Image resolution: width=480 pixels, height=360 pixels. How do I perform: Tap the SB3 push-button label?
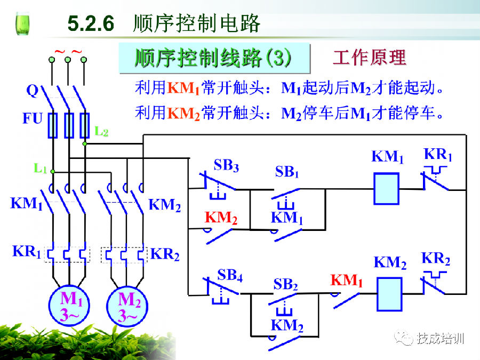(x=226, y=165)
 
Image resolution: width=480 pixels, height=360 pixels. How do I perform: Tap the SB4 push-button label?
(x=230, y=275)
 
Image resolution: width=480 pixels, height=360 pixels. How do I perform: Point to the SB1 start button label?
(x=286, y=172)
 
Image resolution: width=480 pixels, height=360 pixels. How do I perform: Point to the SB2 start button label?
(x=285, y=284)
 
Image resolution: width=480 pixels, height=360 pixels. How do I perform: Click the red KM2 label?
(x=221, y=218)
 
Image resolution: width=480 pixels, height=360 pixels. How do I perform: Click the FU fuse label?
(x=32, y=118)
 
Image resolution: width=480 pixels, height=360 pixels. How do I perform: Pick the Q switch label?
(x=32, y=91)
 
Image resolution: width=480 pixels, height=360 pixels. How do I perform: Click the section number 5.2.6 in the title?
(x=91, y=23)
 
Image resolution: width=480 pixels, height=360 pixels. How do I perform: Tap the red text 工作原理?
(x=370, y=57)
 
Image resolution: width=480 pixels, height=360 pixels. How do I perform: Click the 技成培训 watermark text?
(x=441, y=338)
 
